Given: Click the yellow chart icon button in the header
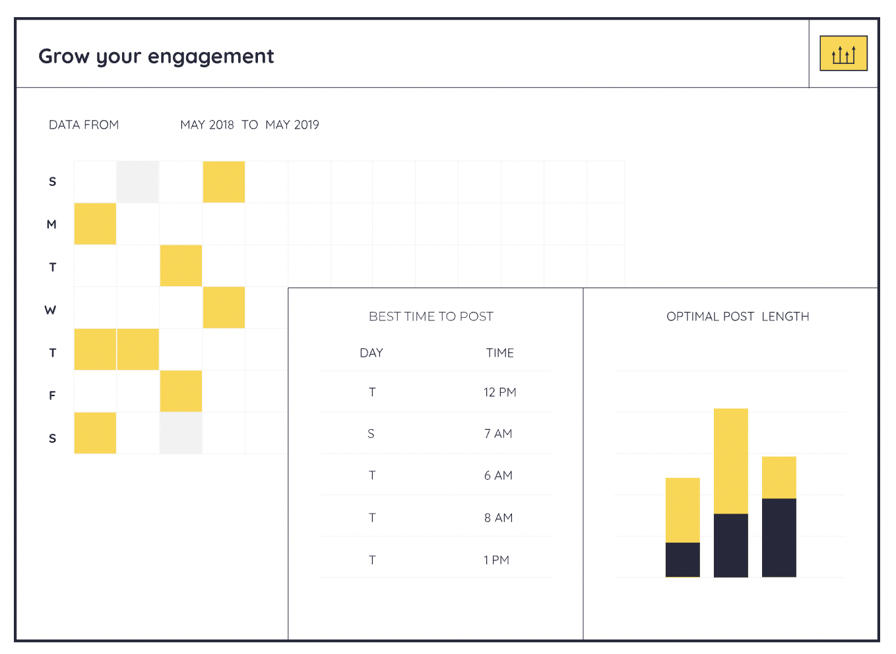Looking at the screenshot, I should [x=843, y=53].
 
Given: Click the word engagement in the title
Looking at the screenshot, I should [x=210, y=57].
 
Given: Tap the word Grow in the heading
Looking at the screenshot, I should [x=63, y=56].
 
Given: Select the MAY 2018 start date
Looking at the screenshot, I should [x=207, y=125].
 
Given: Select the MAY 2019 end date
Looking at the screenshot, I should [x=292, y=125].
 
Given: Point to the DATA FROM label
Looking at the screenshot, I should [x=84, y=125].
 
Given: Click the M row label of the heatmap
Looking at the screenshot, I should [x=51, y=224].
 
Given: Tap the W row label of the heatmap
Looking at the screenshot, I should [x=51, y=310].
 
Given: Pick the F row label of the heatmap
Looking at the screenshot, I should [x=52, y=396].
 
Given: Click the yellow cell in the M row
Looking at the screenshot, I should [x=95, y=224].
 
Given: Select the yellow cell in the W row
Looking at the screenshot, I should [x=224, y=308].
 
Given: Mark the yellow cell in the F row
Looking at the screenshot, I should [x=181, y=392].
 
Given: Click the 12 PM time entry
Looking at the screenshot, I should [x=499, y=392].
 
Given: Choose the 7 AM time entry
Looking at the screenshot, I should [x=498, y=434].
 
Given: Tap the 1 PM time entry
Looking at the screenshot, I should [x=496, y=560].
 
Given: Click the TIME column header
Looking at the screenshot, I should [x=499, y=353].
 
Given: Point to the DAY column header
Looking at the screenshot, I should [x=371, y=353].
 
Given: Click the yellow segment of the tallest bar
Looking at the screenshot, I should [x=730, y=461].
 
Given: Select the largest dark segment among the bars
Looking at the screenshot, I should [x=779, y=537].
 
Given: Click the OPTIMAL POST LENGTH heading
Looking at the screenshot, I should [x=738, y=316].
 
